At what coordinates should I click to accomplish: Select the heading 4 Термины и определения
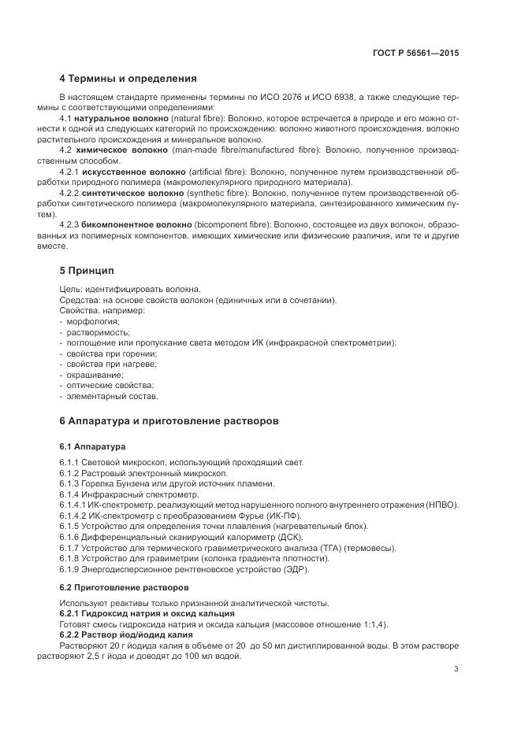pos(128,79)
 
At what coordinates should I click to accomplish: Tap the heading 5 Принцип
pos(87,271)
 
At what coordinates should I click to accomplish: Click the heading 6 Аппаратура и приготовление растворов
pos(169,421)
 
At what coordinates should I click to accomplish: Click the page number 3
pos(456,669)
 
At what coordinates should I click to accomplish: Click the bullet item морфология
pos(92,321)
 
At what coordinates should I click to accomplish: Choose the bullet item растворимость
pos(95,332)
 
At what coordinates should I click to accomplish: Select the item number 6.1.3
pos(72,483)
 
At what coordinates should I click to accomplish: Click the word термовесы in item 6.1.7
pos(370,548)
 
